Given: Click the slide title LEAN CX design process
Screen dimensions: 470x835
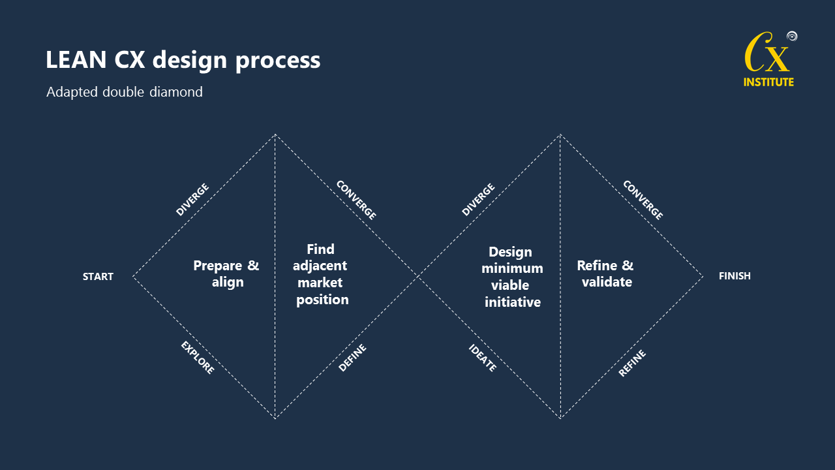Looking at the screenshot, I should click(x=183, y=60).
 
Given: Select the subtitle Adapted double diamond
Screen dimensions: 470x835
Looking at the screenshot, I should click(x=125, y=92).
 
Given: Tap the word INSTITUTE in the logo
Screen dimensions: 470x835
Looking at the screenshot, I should click(x=768, y=82).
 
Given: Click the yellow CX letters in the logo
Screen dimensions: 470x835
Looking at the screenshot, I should click(x=767, y=56).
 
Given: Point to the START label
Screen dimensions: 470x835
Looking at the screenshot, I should click(x=98, y=277).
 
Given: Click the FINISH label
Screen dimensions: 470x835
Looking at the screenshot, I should click(x=735, y=276).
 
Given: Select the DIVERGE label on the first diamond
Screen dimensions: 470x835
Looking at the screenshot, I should click(x=192, y=200).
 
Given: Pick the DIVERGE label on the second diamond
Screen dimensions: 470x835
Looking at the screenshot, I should click(x=478, y=200).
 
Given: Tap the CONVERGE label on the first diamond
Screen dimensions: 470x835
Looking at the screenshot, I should click(x=356, y=200).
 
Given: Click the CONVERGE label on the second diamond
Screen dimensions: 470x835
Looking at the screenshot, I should click(x=643, y=200).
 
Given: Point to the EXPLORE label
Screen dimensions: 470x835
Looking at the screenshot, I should click(x=197, y=358).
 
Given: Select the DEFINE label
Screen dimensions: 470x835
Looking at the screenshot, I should click(x=352, y=358).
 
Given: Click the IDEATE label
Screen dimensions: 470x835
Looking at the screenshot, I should click(x=483, y=358).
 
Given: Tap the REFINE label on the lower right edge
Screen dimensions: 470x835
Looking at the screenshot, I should click(x=631, y=363).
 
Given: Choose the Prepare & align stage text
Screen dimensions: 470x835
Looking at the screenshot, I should click(x=226, y=274).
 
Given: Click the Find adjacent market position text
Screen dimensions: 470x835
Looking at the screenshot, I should click(x=322, y=274).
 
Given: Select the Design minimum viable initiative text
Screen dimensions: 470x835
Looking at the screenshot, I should click(x=512, y=277).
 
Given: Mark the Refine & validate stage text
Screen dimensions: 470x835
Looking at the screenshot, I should click(x=605, y=274).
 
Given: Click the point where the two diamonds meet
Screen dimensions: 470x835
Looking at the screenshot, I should click(x=417, y=276).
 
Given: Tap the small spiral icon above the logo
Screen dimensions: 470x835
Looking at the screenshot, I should click(x=792, y=36).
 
